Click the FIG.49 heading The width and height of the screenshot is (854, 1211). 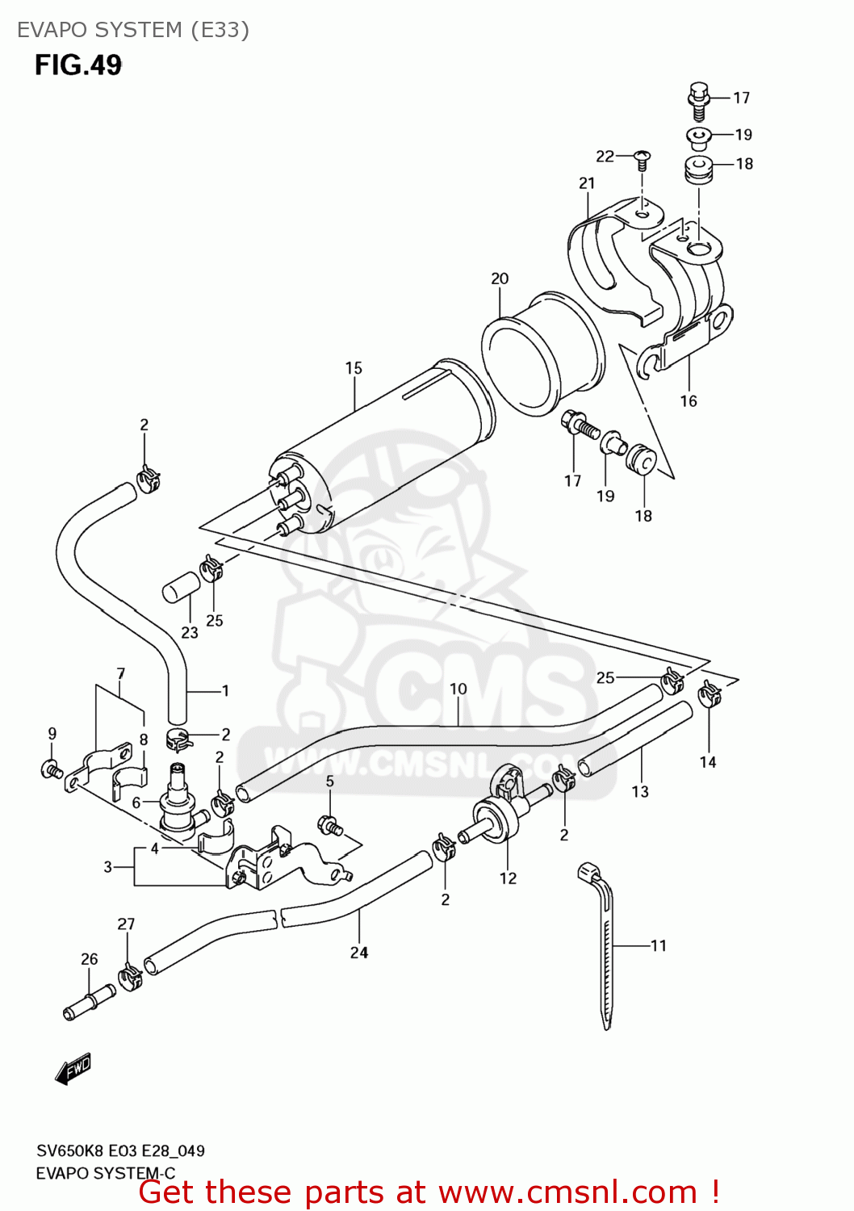[78, 65]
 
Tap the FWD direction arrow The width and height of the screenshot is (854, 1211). [73, 1069]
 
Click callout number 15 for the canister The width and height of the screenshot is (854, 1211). [354, 368]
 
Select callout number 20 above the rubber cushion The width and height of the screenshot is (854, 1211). [500, 279]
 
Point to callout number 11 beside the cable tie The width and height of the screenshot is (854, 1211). [659, 945]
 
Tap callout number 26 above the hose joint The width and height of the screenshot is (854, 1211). [89, 959]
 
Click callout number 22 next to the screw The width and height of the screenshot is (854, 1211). [605, 156]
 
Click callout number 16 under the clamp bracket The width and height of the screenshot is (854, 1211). [689, 400]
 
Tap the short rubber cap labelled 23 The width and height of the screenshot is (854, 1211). [181, 587]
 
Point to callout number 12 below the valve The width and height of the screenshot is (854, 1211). [508, 878]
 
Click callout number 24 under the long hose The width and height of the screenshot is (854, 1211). [359, 953]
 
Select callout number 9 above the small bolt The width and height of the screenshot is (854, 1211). [52, 734]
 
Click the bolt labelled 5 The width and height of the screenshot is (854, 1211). [329, 825]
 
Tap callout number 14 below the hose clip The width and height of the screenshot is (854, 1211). [708, 761]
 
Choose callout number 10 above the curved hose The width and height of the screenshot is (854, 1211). [458, 689]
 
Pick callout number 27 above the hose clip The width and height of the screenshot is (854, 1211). [126, 924]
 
